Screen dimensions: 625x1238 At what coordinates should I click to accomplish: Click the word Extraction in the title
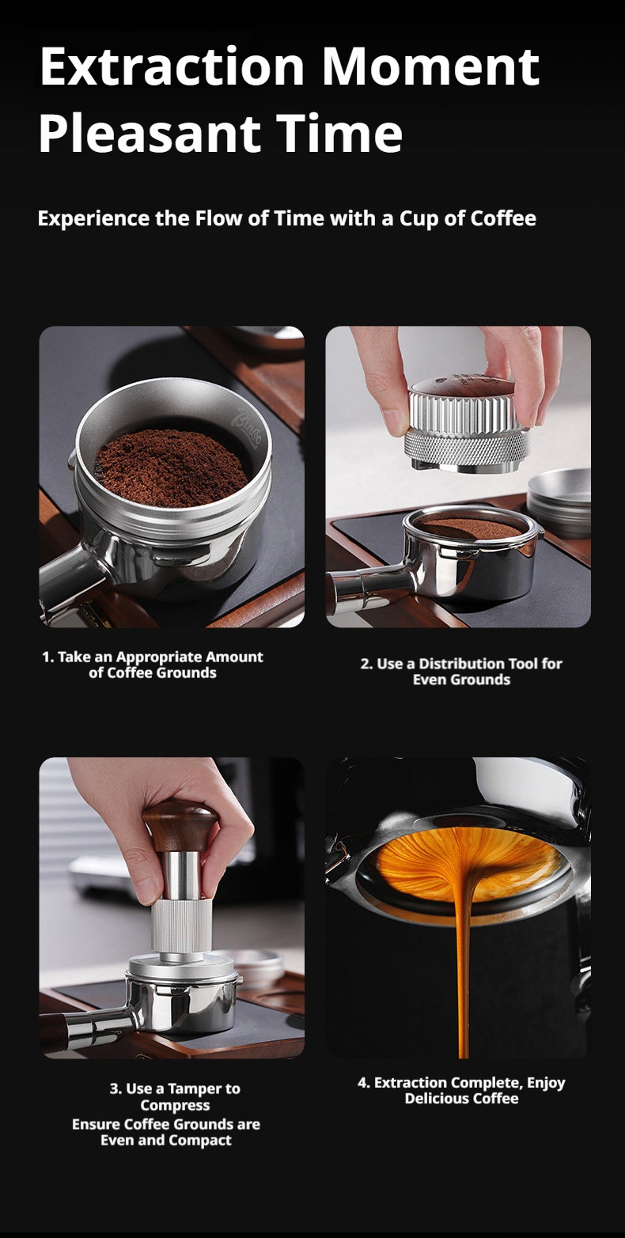pyautogui.click(x=172, y=67)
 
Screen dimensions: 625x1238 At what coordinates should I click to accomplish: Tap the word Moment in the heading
pyautogui.click(x=430, y=67)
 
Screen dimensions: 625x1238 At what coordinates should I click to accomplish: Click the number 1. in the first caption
pyautogui.click(x=48, y=657)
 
